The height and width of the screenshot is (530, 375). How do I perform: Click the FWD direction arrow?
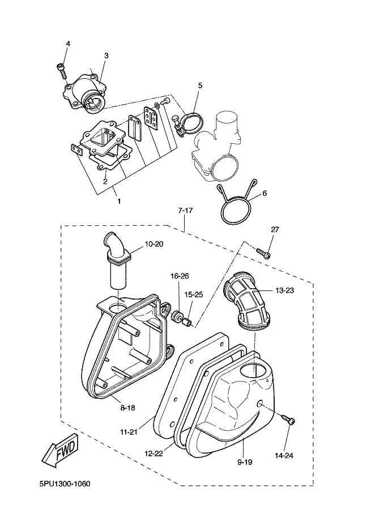click(x=60, y=451)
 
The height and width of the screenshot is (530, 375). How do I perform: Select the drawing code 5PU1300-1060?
click(x=65, y=484)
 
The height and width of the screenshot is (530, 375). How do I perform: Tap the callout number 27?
click(x=275, y=229)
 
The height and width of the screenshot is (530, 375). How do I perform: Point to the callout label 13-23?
click(x=285, y=290)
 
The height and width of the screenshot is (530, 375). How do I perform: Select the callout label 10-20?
click(x=154, y=243)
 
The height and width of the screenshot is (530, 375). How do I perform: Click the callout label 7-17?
click(x=185, y=211)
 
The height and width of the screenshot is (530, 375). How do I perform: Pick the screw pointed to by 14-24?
click(x=288, y=419)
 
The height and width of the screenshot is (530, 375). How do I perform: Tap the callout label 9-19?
click(x=245, y=461)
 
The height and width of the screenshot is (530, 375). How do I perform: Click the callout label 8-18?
click(x=127, y=408)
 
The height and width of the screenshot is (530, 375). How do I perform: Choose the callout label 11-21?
click(x=129, y=432)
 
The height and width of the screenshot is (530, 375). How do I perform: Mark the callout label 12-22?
click(x=154, y=453)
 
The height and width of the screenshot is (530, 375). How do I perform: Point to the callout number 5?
click(x=200, y=86)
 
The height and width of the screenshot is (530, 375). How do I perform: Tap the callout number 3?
click(x=106, y=55)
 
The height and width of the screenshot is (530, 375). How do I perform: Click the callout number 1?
click(x=119, y=201)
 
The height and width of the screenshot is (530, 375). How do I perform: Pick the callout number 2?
click(x=105, y=182)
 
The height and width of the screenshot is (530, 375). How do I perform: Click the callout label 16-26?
click(x=180, y=276)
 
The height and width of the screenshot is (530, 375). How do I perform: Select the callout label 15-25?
click(x=193, y=295)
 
